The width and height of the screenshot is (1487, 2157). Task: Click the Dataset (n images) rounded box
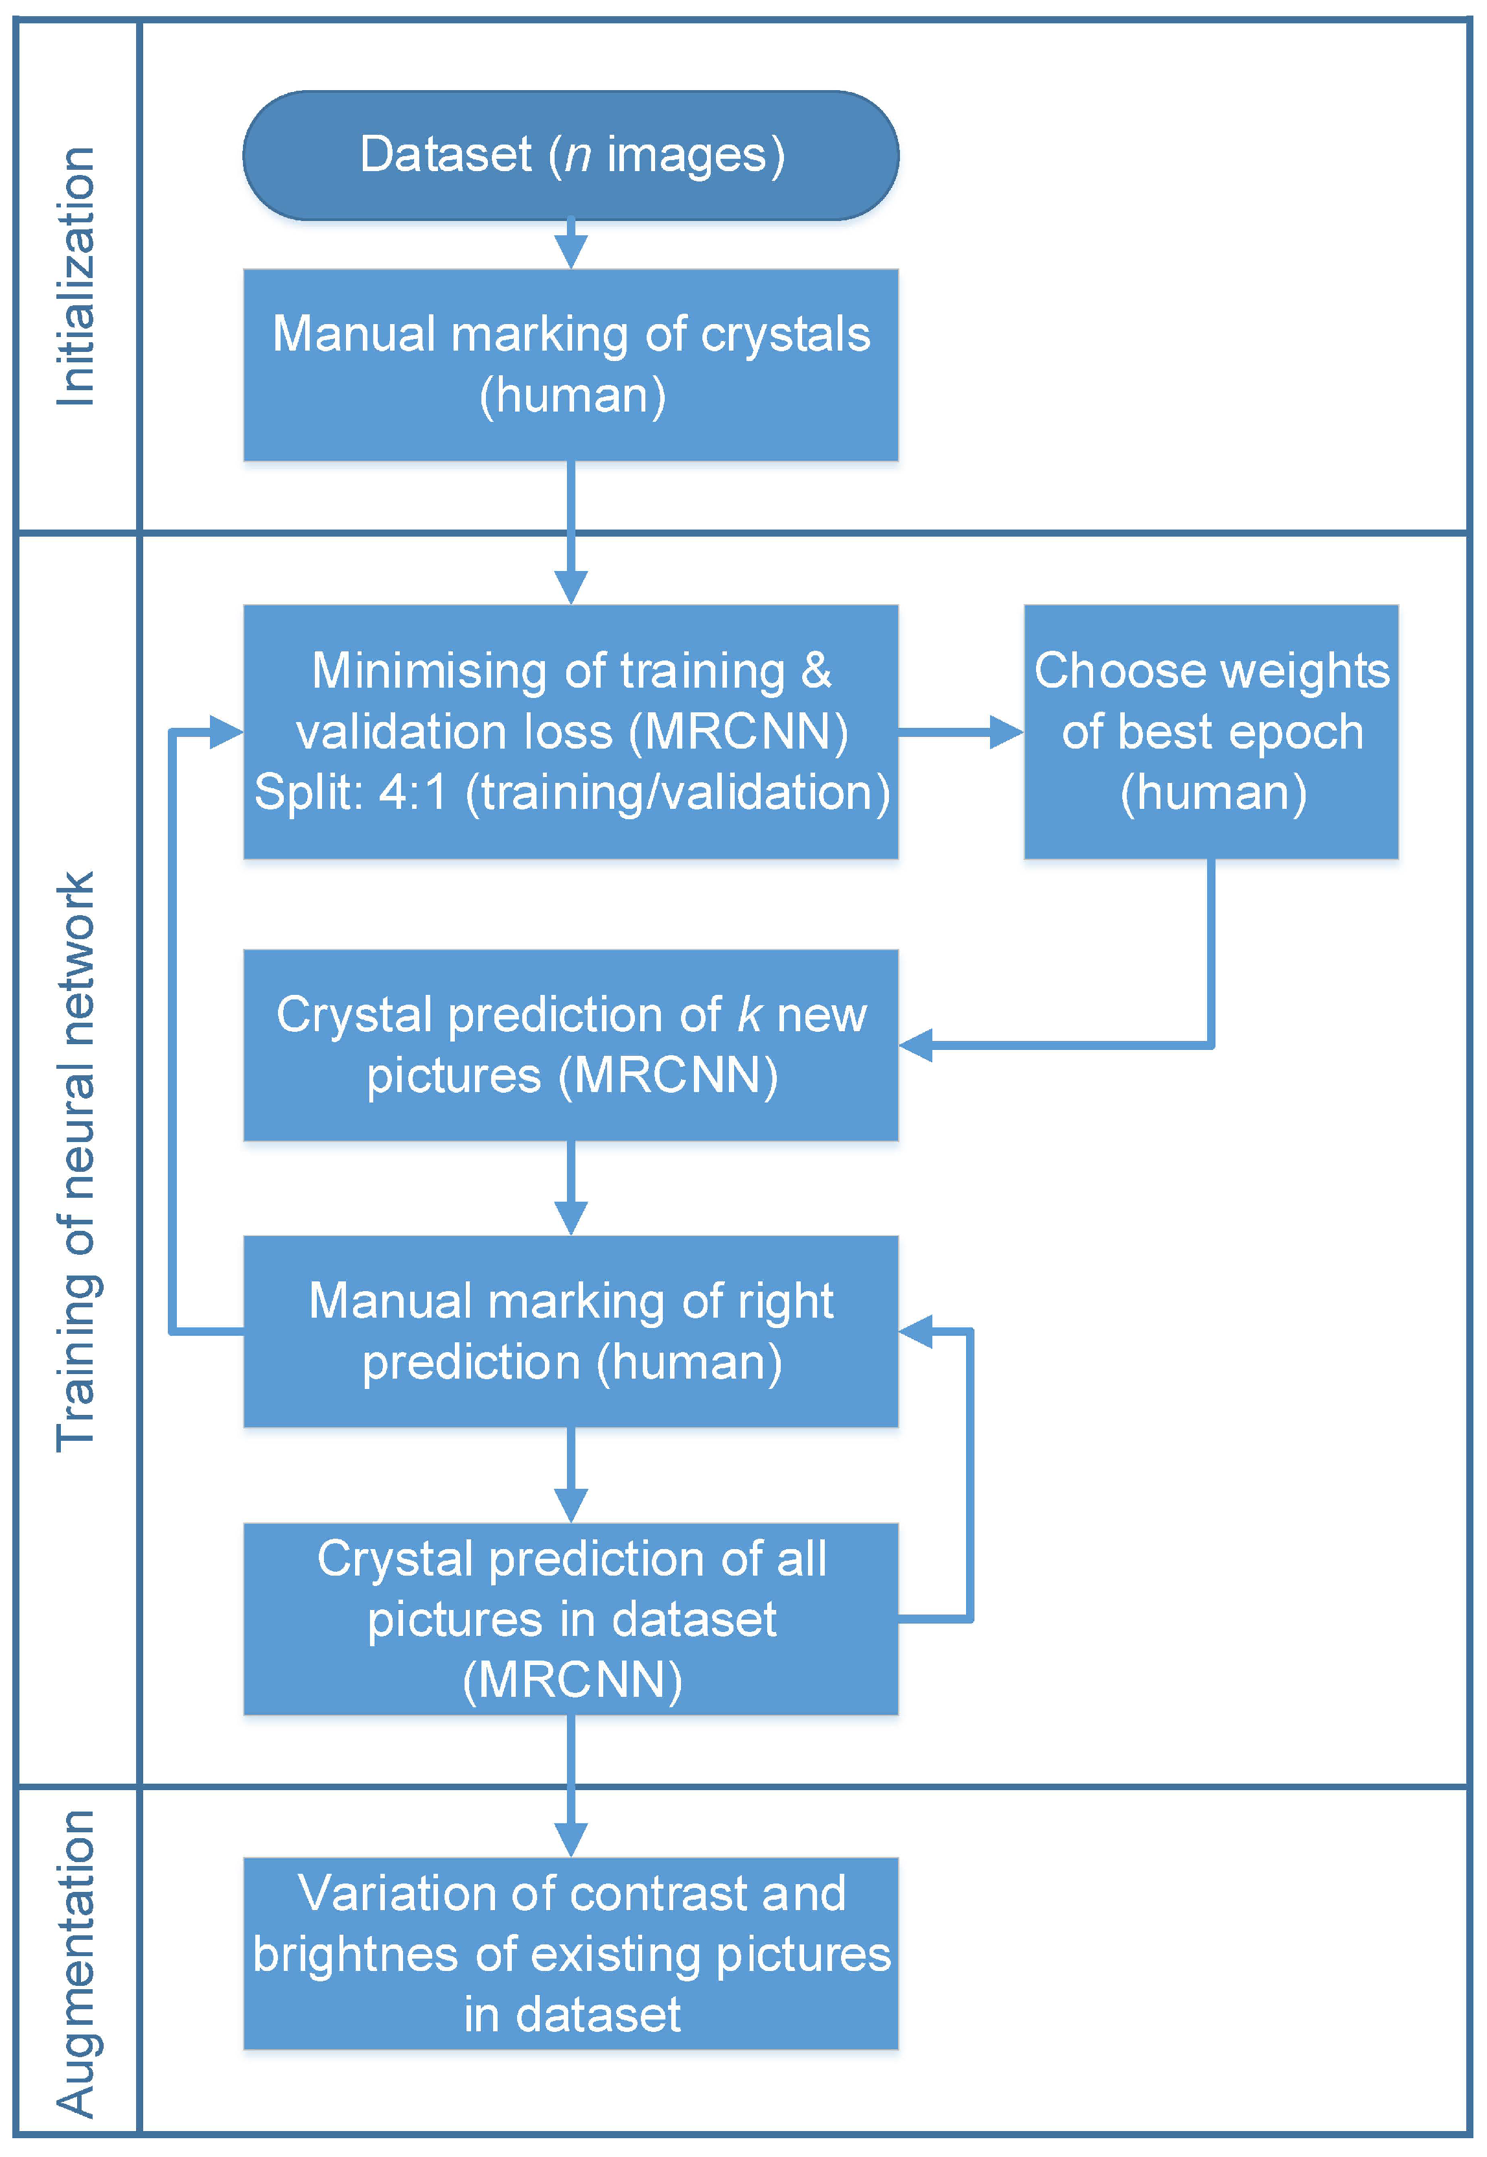point(570,156)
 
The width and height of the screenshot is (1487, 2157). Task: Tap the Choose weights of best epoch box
point(1210,732)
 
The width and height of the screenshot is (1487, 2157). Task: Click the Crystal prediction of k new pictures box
point(570,1045)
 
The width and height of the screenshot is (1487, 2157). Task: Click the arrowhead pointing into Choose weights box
point(1006,732)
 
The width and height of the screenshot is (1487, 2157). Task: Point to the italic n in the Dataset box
point(578,155)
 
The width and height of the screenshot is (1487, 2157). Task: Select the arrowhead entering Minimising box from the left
point(225,732)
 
